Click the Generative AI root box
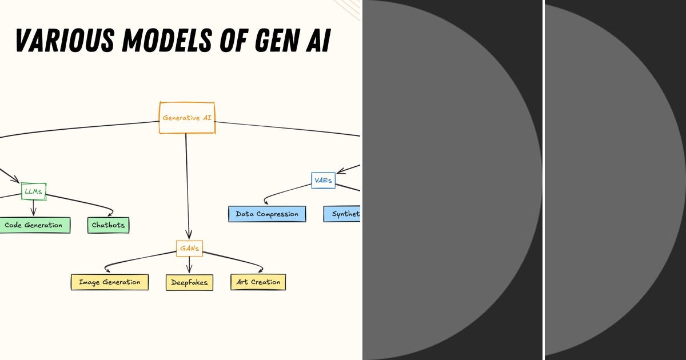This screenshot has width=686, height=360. (186, 118)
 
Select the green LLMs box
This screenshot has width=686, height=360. (34, 191)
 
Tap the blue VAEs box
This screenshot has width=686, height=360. (323, 181)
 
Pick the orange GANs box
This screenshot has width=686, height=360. (189, 248)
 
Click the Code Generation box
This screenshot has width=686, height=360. (33, 225)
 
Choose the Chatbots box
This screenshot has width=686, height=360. (108, 225)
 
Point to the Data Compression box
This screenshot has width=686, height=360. (267, 214)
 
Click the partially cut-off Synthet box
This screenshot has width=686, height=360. (342, 214)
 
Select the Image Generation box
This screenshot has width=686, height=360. (109, 282)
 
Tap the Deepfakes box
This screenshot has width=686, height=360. (189, 282)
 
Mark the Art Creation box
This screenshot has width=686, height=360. (258, 282)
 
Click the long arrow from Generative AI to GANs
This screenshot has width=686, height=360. (187, 183)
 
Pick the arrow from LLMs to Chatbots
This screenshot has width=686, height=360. (86, 202)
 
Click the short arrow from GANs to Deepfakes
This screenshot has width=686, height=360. (189, 264)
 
